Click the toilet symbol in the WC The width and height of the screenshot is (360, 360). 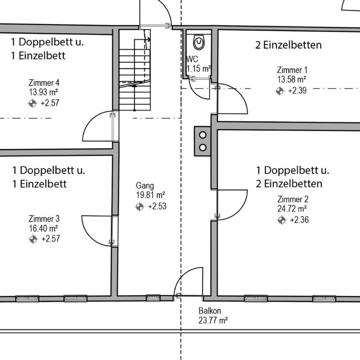tap(199, 43)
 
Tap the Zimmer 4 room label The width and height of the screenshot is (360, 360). tap(44, 82)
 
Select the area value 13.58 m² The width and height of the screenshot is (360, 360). tap(292, 79)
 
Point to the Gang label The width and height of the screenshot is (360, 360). tap(145, 186)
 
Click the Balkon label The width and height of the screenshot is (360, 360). tap(210, 311)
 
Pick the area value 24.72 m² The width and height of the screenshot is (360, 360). tap(292, 209)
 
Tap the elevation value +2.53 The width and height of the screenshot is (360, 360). tap(157, 206)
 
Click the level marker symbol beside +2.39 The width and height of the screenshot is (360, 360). tap(280, 91)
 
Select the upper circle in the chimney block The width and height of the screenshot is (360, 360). tap(202, 135)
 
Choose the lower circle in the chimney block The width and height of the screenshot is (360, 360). tap(202, 147)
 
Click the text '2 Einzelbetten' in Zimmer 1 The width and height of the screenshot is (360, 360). tap(288, 45)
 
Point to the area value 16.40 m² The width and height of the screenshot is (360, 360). tap(43, 228)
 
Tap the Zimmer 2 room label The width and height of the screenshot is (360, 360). tap(292, 199)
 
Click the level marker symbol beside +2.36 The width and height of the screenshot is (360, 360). tap(282, 220)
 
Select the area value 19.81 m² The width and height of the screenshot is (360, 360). tap(150, 195)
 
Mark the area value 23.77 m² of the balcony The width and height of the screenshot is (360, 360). tap(213, 320)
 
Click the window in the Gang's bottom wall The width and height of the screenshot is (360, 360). tap(153, 298)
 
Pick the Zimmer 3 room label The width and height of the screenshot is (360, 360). tap(44, 219)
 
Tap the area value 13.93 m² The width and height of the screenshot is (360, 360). tap(43, 92)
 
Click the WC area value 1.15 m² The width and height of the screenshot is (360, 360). tap(199, 68)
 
